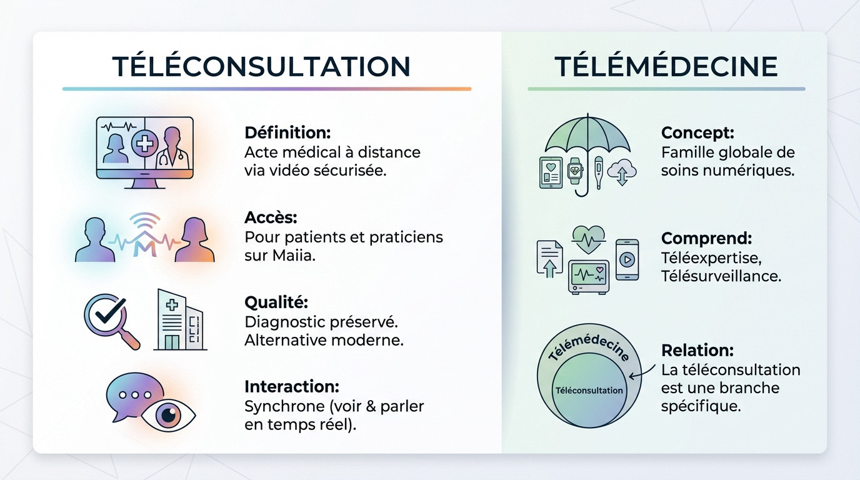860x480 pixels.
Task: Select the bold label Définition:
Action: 287,133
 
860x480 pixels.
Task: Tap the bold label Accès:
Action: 271,217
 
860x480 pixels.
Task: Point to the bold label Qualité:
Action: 276,302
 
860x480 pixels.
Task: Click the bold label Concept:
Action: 697,133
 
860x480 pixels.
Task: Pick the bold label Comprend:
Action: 706,238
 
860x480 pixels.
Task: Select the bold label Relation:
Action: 697,350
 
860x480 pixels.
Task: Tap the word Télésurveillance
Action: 721,276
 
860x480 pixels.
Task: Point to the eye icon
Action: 168,414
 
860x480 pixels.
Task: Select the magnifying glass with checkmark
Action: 111,319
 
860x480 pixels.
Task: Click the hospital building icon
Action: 179,319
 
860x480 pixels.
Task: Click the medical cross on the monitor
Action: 144,145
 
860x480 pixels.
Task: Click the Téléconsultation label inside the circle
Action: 589,391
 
